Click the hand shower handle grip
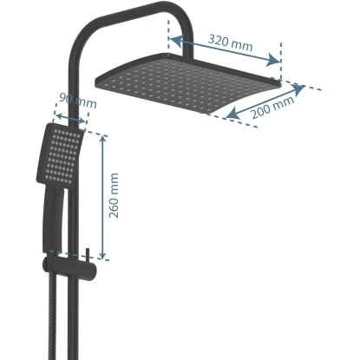pos(54,217)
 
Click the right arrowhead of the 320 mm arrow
pos(278,61)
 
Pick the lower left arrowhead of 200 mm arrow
pos(227,117)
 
